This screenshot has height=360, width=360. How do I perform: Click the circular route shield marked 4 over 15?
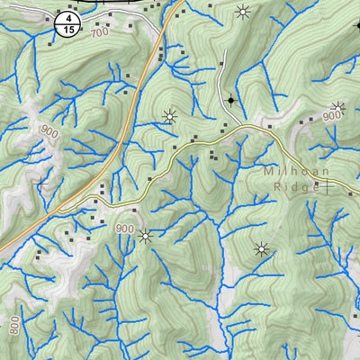click(x=65, y=23)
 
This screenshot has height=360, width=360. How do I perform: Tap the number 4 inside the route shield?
click(x=65, y=18)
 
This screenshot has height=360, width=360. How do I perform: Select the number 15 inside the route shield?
click(x=65, y=29)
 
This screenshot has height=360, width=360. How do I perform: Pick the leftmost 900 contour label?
click(x=49, y=130)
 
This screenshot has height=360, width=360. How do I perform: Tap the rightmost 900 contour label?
click(x=332, y=116)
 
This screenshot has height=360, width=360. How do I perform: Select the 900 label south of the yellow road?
click(x=124, y=229)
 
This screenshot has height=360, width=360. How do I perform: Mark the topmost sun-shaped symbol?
click(x=241, y=12)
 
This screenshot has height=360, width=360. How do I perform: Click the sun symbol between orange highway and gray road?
click(x=168, y=116)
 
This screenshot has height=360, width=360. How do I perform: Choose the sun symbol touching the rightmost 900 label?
click(x=339, y=107)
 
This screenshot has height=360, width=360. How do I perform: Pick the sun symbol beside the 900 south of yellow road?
click(x=145, y=237)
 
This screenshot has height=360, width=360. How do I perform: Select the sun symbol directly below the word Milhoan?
click(x=262, y=249)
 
